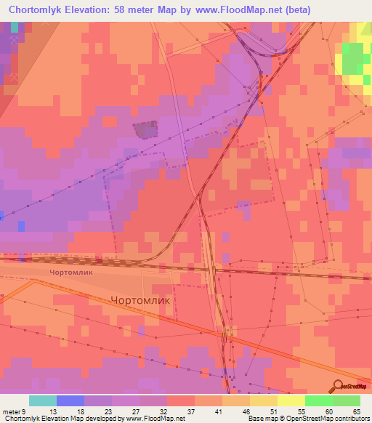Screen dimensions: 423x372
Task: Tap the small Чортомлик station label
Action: point(71,273)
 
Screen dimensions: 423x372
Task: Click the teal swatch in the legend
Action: point(43,400)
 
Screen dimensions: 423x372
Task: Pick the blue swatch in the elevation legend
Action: point(70,400)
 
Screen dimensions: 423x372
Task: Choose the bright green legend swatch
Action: point(319,400)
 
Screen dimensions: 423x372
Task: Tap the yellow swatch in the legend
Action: point(291,400)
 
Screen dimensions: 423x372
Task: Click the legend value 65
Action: point(356,411)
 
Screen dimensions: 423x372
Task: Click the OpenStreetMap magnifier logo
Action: point(337,386)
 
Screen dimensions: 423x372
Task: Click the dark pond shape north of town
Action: point(146,130)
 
